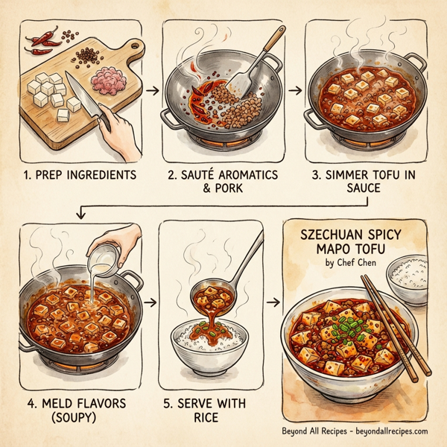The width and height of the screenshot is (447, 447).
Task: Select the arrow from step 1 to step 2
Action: pyautogui.click(x=151, y=90)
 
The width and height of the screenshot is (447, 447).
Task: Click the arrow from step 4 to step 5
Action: pyautogui.click(x=151, y=303)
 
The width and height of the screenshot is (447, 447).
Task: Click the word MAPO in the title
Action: pyautogui.click(x=325, y=247)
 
